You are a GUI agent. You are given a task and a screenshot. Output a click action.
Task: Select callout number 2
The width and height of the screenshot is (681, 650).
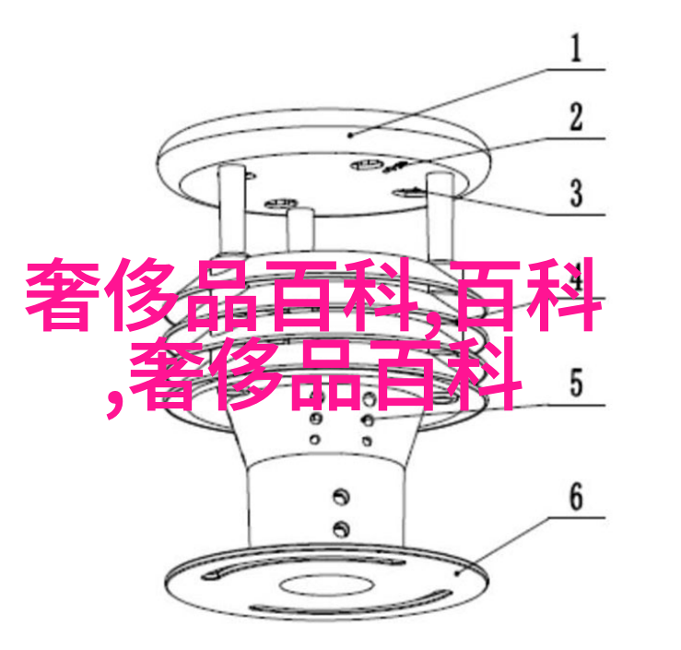576,116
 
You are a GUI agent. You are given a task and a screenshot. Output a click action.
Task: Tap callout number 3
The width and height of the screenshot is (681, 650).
576,193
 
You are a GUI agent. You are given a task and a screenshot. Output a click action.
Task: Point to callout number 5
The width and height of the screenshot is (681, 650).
576,383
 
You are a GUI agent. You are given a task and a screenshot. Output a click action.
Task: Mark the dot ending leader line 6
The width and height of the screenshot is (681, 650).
457,573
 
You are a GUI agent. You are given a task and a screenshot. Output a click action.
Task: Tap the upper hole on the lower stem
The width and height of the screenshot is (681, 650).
341,496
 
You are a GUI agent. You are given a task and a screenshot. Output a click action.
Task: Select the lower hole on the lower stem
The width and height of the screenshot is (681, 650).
341,528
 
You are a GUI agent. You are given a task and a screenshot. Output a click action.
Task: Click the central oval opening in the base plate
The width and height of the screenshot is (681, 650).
325,585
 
